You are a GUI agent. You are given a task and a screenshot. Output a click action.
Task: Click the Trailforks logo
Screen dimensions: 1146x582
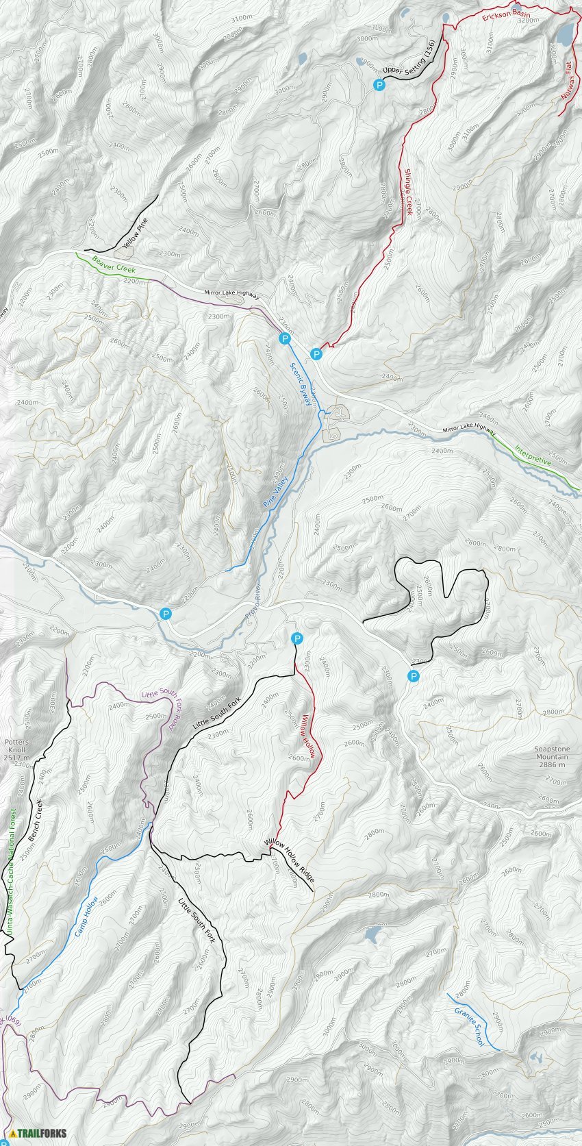point(38,1133)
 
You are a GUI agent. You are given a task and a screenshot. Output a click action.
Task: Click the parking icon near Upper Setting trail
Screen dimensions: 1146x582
point(379,85)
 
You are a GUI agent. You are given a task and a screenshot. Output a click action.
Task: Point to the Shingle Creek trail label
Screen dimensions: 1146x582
point(409,192)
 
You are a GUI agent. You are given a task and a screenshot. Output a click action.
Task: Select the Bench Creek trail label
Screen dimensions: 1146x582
point(33,821)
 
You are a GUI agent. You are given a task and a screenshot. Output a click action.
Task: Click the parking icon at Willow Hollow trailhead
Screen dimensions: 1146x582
point(297,638)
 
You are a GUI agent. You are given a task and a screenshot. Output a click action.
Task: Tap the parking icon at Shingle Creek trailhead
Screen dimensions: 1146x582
point(316,354)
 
